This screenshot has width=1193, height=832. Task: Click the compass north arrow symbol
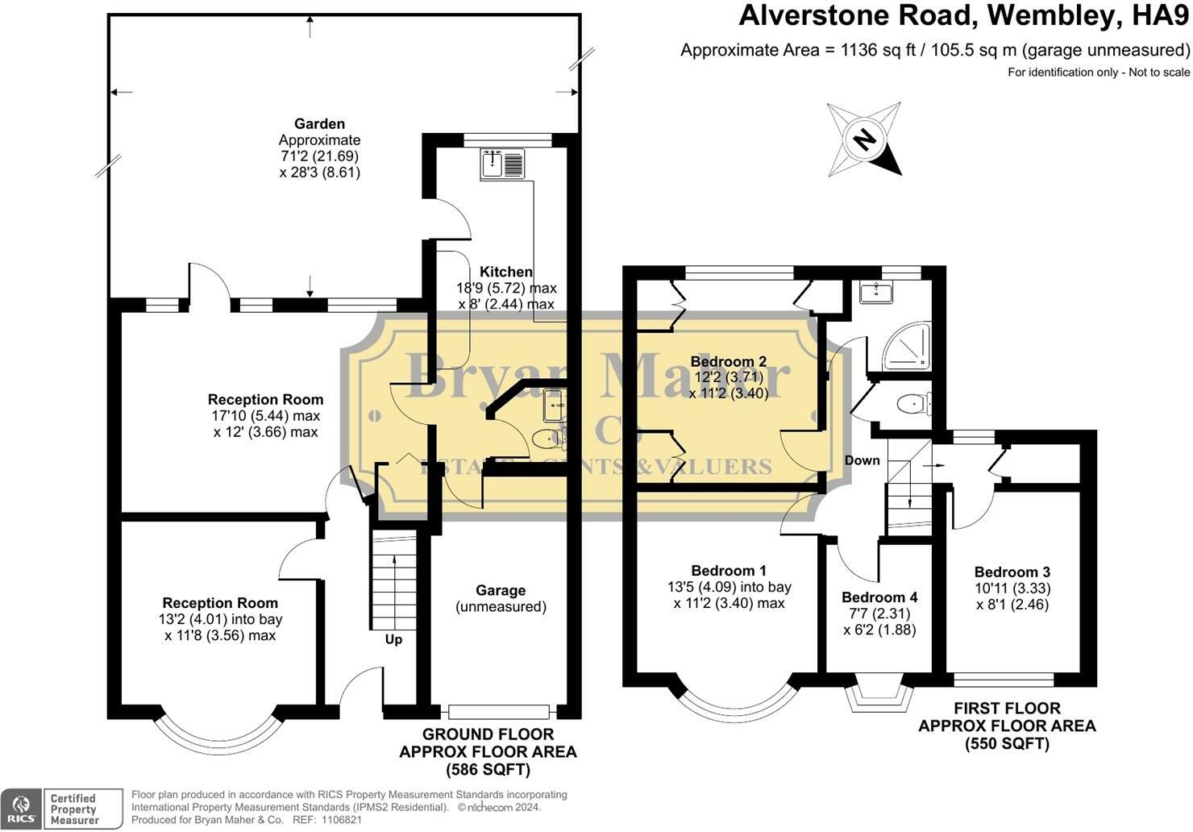tap(864, 139)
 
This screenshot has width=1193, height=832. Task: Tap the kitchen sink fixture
tap(502, 164)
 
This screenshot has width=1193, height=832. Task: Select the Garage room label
tap(501, 590)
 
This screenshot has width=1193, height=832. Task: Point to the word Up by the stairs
tap(393, 639)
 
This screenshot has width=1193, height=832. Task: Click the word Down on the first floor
tap(863, 460)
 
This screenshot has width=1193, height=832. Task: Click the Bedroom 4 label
tap(879, 597)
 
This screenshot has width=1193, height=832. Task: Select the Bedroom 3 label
tap(1012, 572)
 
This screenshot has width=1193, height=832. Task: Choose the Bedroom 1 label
tap(729, 571)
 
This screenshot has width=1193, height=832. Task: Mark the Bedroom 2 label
tap(728, 361)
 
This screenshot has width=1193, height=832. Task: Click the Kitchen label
tap(506, 272)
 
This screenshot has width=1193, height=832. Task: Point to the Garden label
tap(319, 123)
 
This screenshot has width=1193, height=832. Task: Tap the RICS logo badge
tap(21, 809)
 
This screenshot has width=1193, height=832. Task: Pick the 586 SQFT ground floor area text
tap(488, 770)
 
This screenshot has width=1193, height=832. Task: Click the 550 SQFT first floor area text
tap(1007, 743)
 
